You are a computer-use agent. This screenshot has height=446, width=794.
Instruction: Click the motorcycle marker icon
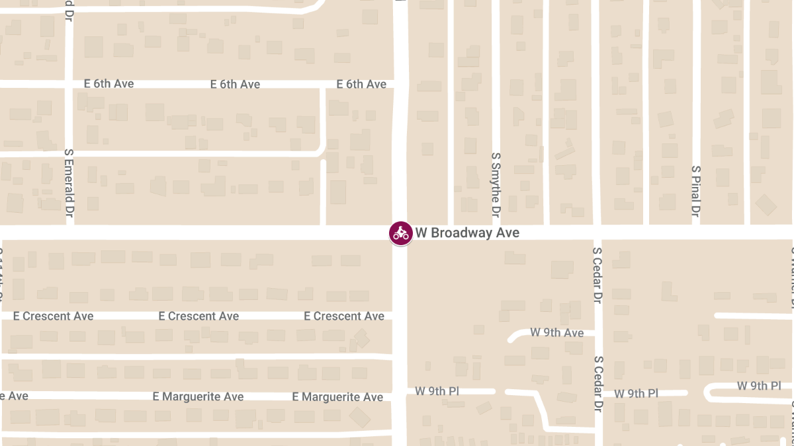[x=400, y=233]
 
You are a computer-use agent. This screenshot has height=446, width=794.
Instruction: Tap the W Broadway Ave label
[x=467, y=233]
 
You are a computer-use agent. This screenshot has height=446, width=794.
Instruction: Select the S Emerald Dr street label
[x=67, y=183]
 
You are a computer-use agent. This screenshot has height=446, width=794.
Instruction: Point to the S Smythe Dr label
[x=496, y=186]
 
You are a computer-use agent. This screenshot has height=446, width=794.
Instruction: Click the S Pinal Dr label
[x=695, y=192]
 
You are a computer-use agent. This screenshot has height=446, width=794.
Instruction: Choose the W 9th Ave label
[x=557, y=332]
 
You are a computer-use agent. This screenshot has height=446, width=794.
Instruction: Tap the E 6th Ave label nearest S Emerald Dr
[x=109, y=84]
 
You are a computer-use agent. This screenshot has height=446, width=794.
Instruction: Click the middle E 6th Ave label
[x=235, y=85]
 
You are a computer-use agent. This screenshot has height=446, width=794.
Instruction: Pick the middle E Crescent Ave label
[x=198, y=316]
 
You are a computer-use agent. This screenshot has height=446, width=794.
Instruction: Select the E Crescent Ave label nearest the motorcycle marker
[x=344, y=316]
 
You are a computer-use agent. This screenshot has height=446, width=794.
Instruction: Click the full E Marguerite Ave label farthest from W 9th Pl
[x=198, y=396]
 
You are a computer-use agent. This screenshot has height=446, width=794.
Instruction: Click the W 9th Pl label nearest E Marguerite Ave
[x=437, y=390]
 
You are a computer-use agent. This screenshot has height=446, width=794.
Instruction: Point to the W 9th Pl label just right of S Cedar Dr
[x=636, y=393]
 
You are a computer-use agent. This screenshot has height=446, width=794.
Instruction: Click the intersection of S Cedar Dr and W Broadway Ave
[x=597, y=233]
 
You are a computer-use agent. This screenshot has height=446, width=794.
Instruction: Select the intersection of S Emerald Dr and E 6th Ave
[x=69, y=84]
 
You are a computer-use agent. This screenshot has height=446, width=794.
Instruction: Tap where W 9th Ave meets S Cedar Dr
[x=597, y=332]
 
